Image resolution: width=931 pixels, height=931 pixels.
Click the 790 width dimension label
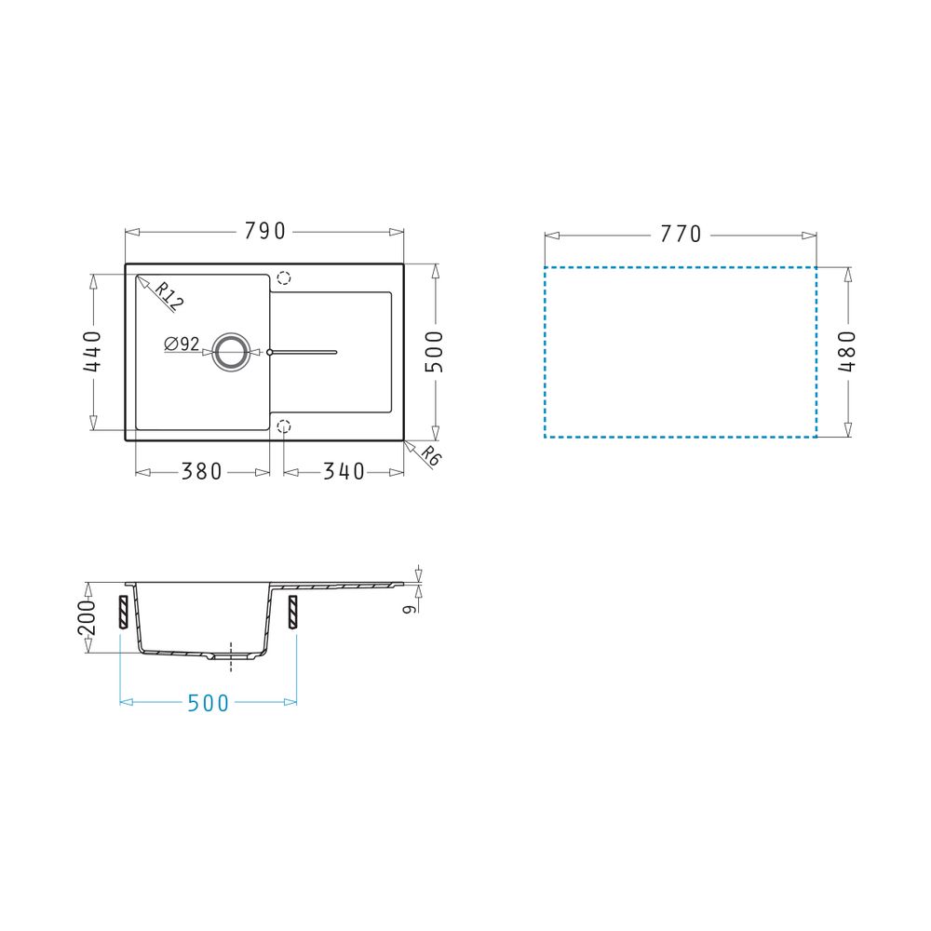(264, 232)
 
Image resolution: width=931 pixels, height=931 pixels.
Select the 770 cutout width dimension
(681, 235)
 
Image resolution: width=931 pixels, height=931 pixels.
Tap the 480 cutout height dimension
(847, 352)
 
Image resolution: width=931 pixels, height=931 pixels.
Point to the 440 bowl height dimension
(92, 352)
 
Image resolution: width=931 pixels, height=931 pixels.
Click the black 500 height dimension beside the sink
(435, 352)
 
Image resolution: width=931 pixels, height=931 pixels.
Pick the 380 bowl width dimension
(201, 472)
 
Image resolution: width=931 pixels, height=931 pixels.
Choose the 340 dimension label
(344, 472)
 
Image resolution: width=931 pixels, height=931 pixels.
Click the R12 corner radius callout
(169, 296)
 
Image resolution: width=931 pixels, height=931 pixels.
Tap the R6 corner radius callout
(432, 456)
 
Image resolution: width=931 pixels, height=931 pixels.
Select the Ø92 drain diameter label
(182, 344)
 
